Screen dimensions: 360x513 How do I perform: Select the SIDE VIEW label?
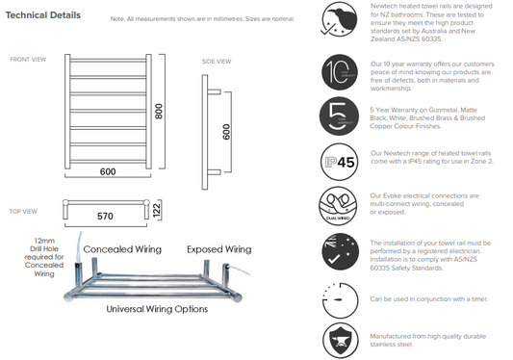216,62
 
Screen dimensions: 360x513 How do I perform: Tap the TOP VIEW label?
23,211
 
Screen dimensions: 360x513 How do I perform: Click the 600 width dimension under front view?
108,171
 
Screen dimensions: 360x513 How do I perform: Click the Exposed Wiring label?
218,249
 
